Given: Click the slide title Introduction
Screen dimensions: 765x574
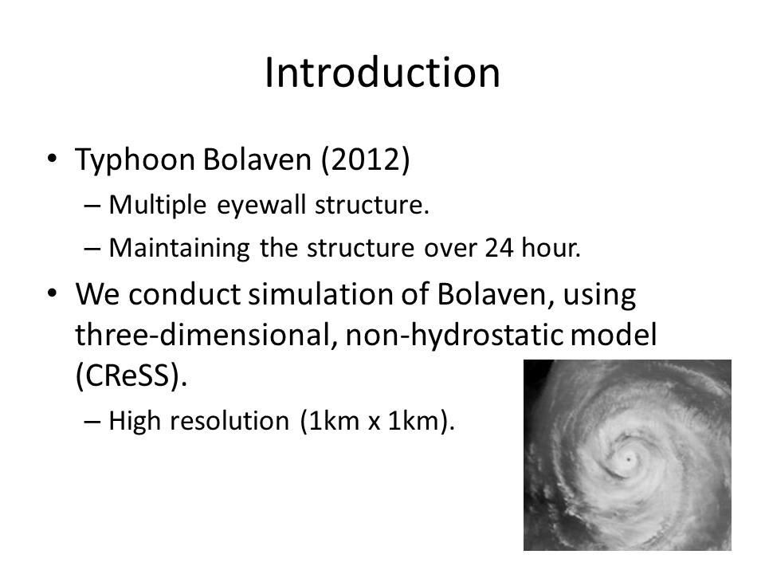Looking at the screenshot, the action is (382, 73).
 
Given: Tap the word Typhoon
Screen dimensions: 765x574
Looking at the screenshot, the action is (135, 160).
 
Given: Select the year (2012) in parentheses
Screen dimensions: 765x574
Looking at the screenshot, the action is (366, 159).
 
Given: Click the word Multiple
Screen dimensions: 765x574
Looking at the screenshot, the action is (157, 205).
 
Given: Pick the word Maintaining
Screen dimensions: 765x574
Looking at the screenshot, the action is (179, 249).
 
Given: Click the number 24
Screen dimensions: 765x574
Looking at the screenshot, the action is (499, 247).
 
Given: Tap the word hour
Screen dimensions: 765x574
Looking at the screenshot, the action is (551, 247).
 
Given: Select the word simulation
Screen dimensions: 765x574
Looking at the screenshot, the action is (320, 294).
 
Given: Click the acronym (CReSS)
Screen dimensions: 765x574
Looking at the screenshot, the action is (131, 375).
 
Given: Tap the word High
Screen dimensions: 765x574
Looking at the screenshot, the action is (134, 421).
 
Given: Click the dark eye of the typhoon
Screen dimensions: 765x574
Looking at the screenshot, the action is (629, 460).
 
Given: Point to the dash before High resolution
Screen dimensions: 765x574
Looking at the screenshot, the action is (92, 421).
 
